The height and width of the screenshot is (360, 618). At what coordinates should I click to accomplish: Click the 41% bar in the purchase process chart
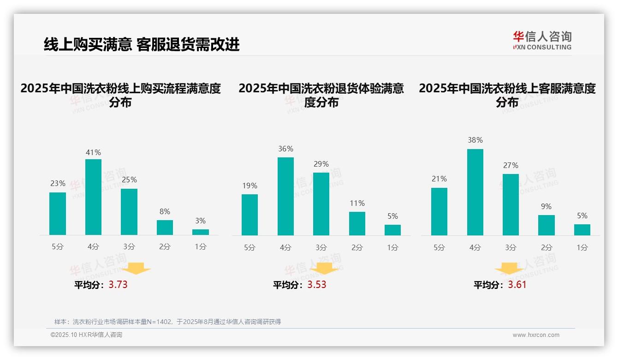pyautogui.click(x=93, y=197)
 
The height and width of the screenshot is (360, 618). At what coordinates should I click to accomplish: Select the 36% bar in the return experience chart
pyautogui.click(x=285, y=196)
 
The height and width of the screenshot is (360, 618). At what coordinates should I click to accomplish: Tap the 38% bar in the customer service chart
pyautogui.click(x=475, y=192)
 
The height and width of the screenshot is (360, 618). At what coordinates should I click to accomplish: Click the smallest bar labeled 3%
pyautogui.click(x=201, y=232)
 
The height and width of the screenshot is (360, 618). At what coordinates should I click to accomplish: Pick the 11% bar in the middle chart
pyautogui.click(x=357, y=223)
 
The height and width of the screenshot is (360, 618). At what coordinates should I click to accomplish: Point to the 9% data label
pyautogui.click(x=546, y=206)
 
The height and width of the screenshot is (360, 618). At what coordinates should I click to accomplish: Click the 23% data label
pyautogui.click(x=58, y=183)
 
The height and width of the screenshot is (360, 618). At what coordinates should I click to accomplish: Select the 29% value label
pyautogui.click(x=321, y=164)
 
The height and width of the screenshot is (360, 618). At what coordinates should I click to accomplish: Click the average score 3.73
pyautogui.click(x=118, y=285)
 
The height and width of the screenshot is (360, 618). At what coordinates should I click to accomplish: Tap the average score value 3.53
pyautogui.click(x=317, y=285)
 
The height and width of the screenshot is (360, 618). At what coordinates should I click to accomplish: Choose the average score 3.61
pyautogui.click(x=517, y=285)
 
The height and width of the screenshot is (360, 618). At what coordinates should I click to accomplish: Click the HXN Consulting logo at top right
pyautogui.click(x=542, y=40)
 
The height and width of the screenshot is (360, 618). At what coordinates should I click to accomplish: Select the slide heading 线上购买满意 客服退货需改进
pyautogui.click(x=142, y=45)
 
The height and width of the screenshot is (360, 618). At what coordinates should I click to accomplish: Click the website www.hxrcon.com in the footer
pyautogui.click(x=536, y=335)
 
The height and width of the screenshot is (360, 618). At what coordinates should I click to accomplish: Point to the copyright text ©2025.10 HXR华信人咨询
pyautogui.click(x=86, y=335)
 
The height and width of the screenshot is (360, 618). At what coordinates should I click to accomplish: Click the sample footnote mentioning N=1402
pyautogui.click(x=167, y=322)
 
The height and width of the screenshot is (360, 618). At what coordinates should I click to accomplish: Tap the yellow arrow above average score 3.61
pyautogui.click(x=509, y=269)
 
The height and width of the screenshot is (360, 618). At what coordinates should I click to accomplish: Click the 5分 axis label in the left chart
pyautogui.click(x=58, y=247)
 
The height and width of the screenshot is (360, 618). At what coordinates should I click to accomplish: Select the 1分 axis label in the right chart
pyautogui.click(x=582, y=248)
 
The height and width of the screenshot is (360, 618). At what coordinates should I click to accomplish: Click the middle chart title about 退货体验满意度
pyautogui.click(x=321, y=95)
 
